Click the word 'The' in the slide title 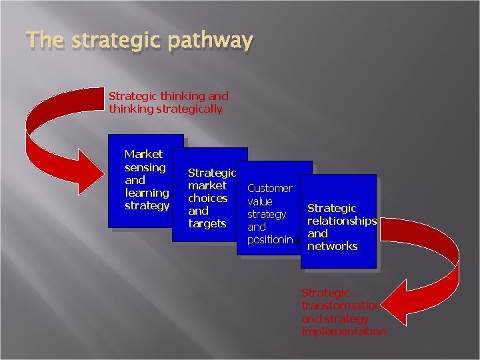point(44,41)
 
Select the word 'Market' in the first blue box point(143,154)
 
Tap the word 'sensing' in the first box point(145,167)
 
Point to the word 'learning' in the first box point(147,193)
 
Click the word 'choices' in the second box point(207,198)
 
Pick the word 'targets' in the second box point(207,223)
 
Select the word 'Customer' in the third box point(269,188)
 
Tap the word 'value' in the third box point(260,201)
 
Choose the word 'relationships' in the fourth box point(341,221)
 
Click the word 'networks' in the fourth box point(332,246)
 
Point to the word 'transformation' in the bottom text point(341,305)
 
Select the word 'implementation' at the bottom point(343,331)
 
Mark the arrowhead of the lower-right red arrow point(403,297)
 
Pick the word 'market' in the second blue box point(207,185)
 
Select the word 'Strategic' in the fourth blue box point(331,208)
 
